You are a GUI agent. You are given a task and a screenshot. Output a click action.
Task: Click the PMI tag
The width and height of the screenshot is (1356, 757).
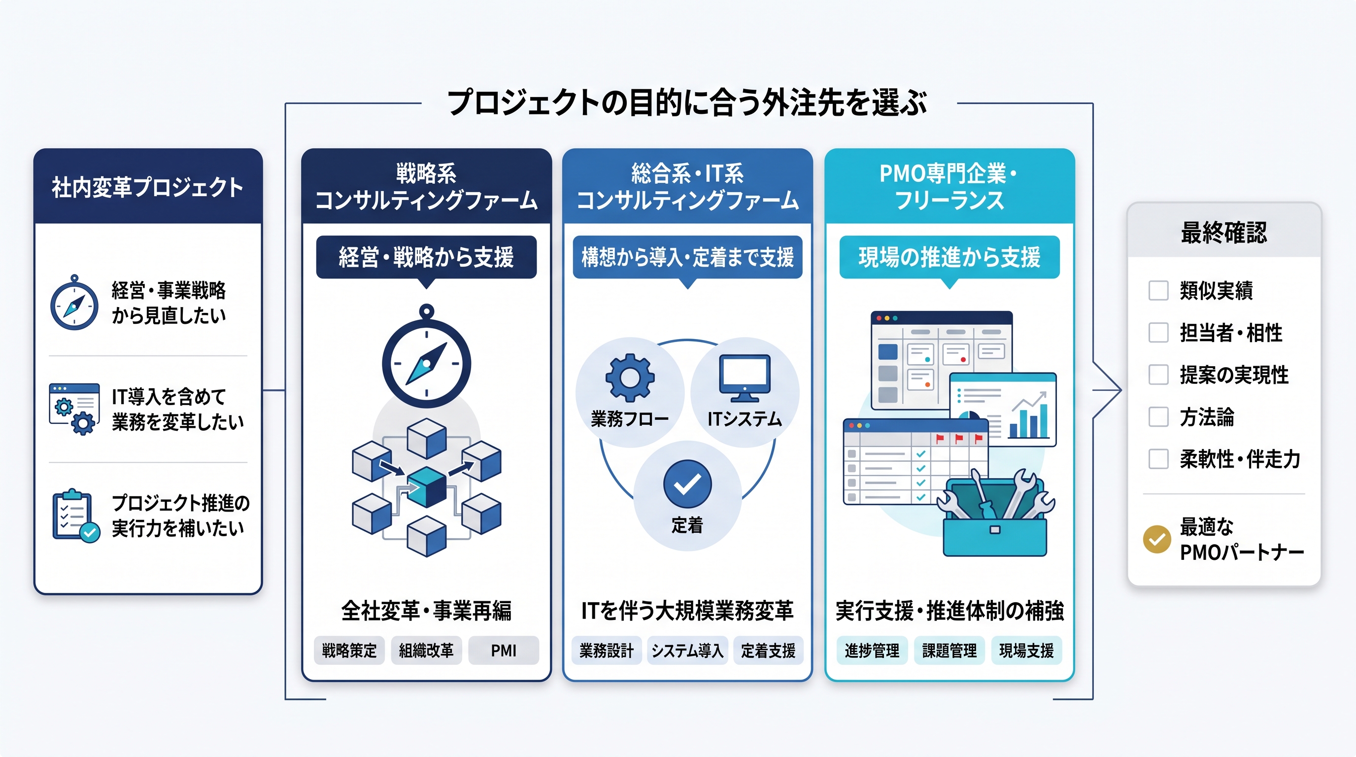pyautogui.click(x=503, y=651)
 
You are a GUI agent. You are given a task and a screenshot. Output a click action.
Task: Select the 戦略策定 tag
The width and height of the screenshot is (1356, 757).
pyautogui.click(x=349, y=651)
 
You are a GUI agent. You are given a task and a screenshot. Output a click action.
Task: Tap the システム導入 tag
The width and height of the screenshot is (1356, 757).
pyautogui.click(x=687, y=651)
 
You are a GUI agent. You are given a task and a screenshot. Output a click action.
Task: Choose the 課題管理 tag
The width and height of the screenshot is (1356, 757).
pyautogui.click(x=949, y=651)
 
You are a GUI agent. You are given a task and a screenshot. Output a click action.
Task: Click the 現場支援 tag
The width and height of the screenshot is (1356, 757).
pyautogui.click(x=1026, y=651)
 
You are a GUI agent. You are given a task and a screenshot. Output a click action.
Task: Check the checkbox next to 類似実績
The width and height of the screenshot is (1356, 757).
pyautogui.click(x=1158, y=290)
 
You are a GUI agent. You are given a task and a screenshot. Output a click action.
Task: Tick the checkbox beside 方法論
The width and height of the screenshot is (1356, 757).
pyautogui.click(x=1158, y=417)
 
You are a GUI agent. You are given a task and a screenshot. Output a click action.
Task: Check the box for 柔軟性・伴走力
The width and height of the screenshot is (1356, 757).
pyautogui.click(x=1158, y=459)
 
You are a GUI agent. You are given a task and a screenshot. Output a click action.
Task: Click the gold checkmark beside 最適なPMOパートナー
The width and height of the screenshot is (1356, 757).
pyautogui.click(x=1157, y=540)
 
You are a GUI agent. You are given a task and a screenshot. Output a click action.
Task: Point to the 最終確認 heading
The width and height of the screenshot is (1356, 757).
pyautogui.click(x=1224, y=232)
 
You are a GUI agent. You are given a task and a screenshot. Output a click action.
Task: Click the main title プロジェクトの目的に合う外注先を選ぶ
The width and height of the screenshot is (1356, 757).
pyautogui.click(x=687, y=102)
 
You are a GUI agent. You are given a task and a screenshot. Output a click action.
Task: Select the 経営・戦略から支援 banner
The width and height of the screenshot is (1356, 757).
pyautogui.click(x=426, y=257)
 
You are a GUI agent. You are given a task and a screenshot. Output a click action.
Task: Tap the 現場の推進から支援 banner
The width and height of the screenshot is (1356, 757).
pyautogui.click(x=949, y=257)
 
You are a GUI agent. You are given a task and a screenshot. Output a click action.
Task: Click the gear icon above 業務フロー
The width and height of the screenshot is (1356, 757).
pyautogui.click(x=630, y=378)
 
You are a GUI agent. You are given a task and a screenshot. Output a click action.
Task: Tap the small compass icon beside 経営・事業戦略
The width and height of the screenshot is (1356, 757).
pyautogui.click(x=74, y=303)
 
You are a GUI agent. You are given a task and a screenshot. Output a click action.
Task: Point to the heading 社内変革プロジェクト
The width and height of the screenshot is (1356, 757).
pyautogui.click(x=147, y=187)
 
